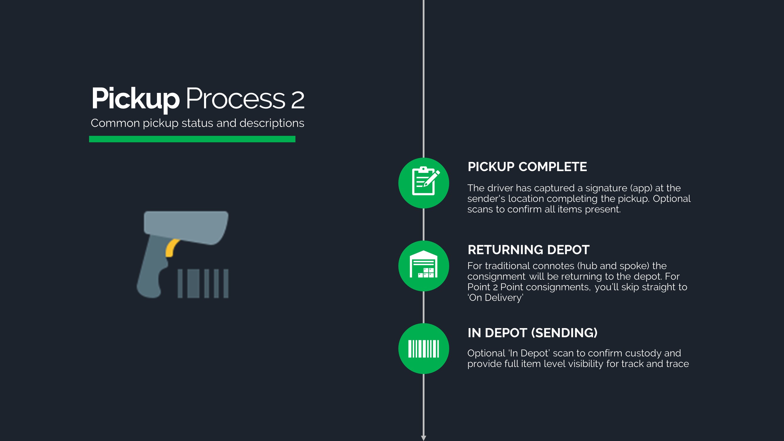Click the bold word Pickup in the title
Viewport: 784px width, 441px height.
pyautogui.click(x=136, y=98)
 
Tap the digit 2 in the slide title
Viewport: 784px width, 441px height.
pyautogui.click(x=297, y=100)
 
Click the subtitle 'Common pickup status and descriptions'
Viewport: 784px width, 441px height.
pyautogui.click(x=197, y=123)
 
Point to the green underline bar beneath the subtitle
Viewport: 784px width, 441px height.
pyautogui.click(x=192, y=139)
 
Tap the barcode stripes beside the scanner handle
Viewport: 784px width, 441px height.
pyautogui.click(x=203, y=283)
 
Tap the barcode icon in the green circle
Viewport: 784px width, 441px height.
pyautogui.click(x=424, y=348)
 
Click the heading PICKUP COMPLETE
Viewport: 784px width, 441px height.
pyautogui.click(x=527, y=167)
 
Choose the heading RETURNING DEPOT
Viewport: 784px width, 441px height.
pyautogui.click(x=528, y=250)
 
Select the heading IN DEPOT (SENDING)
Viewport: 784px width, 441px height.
pyautogui.click(x=532, y=333)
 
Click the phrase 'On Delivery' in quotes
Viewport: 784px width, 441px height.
pyautogui.click(x=496, y=298)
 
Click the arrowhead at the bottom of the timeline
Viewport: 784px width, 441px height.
pyautogui.click(x=423, y=438)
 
